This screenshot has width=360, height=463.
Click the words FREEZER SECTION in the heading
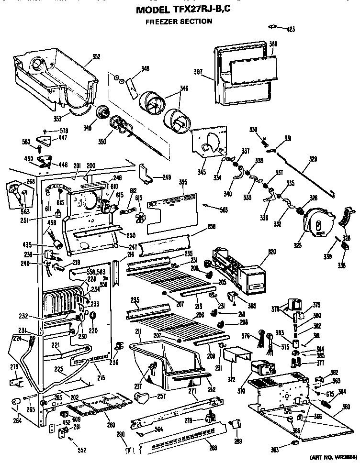point(179,21)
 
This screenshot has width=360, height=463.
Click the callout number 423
point(290,29)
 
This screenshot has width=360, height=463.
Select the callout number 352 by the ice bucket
point(96,57)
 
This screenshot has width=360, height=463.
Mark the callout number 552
point(83,451)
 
